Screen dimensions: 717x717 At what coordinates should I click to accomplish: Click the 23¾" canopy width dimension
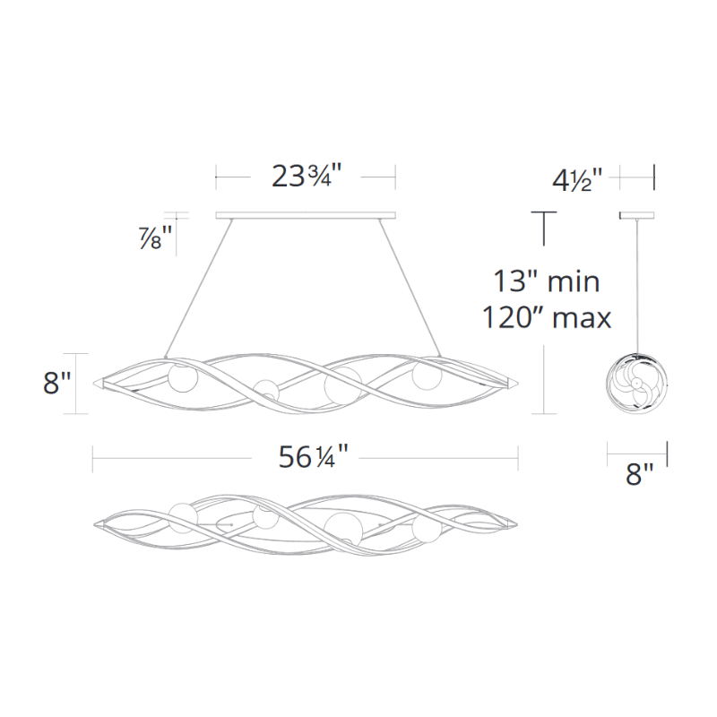click(x=307, y=176)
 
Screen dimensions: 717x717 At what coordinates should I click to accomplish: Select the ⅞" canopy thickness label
click(x=155, y=238)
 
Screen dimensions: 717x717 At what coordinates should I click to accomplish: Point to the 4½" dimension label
click(x=578, y=179)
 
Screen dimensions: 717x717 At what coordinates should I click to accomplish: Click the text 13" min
click(x=547, y=281)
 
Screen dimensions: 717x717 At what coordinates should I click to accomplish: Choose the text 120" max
click(x=547, y=317)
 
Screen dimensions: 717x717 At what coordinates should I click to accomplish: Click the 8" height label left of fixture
click(x=57, y=383)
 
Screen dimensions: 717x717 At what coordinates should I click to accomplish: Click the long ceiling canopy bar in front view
click(x=306, y=215)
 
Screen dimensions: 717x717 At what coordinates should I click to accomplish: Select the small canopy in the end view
click(x=636, y=215)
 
